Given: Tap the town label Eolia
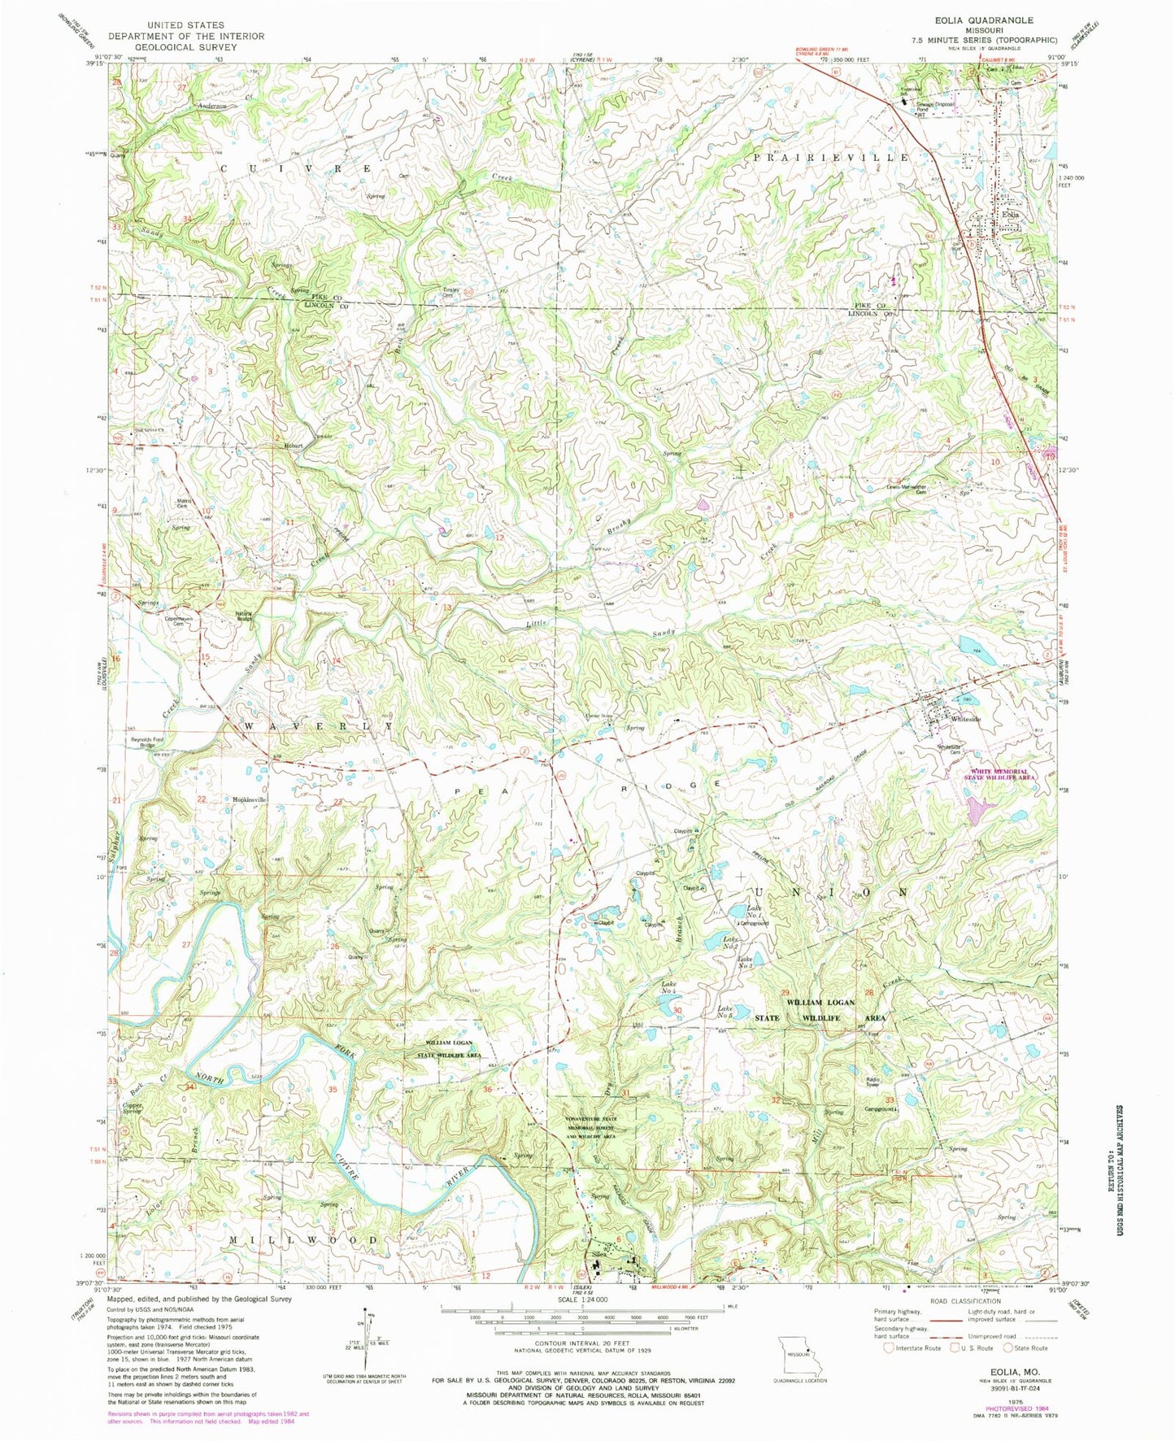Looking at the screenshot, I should pyautogui.click(x=1010, y=215).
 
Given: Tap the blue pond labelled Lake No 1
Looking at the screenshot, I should pyautogui.click(x=736, y=912).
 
